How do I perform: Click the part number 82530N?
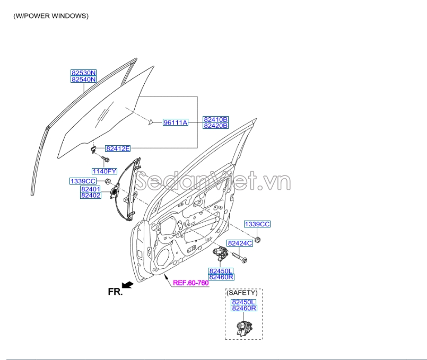[84, 73]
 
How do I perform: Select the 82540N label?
[84, 80]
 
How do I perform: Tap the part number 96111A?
[176, 122]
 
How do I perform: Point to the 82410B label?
[215, 119]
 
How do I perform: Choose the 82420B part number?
[215, 126]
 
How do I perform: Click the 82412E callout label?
[117, 149]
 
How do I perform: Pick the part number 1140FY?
[104, 171]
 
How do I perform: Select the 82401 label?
[91, 189]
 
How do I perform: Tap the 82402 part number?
[91, 196]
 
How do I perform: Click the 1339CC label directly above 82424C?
[257, 224]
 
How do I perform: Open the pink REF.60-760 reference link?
[190, 283]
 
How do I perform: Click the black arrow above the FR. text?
[127, 284]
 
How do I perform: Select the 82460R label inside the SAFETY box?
[243, 308]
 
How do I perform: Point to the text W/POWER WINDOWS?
[51, 16]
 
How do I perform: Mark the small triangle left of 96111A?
[151, 122]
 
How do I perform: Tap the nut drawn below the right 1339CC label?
[257, 240]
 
